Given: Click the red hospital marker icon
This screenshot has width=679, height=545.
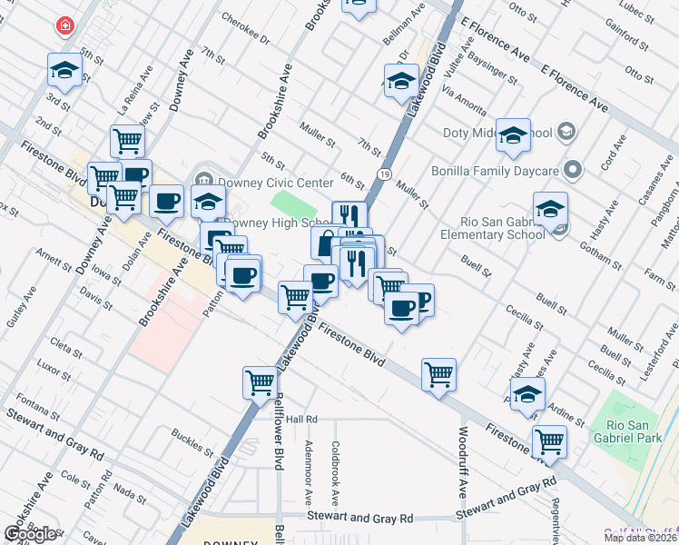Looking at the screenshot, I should pos(65,25).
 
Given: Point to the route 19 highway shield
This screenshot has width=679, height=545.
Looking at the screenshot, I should pos(385,173).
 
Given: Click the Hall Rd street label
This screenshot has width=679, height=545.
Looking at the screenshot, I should pos(300,419).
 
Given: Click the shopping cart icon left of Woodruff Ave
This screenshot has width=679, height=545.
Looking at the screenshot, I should pos(438,373).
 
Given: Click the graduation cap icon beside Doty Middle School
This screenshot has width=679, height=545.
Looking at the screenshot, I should pos(513,134).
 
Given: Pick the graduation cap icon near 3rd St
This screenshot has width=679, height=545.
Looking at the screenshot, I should pos(66,69).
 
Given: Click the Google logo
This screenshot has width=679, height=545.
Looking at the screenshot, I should pos(31,534).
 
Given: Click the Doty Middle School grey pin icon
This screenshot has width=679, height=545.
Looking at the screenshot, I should pos(566,133).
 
